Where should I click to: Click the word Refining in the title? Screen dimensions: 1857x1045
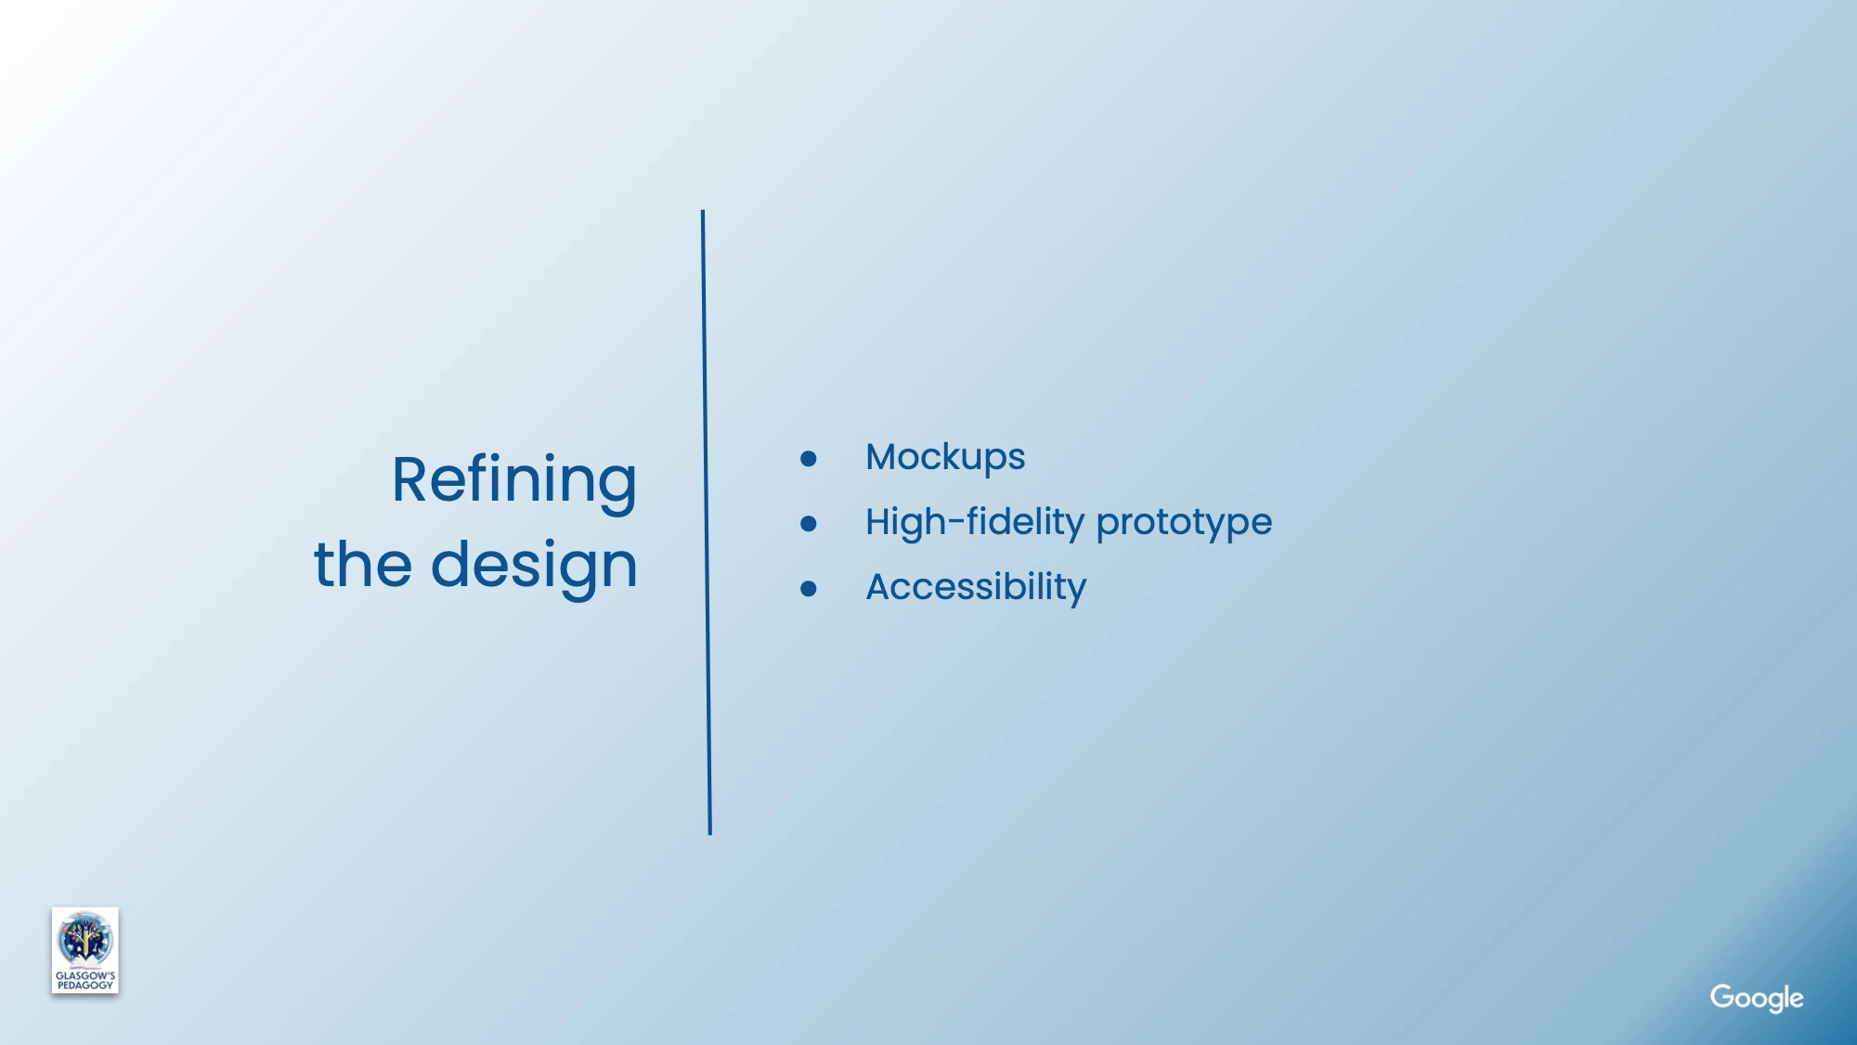tap(514, 481)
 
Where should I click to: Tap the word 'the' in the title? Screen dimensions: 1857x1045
tap(363, 563)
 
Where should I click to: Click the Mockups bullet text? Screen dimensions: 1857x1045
tap(945, 458)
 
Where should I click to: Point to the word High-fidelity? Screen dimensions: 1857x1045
tap(975, 522)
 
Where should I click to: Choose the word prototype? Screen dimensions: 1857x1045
tap(1184, 524)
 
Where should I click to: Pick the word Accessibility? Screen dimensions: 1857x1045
tap(976, 588)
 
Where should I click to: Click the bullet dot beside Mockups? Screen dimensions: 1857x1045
tap(809, 459)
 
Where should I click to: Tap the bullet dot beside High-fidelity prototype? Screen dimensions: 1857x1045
tap(809, 524)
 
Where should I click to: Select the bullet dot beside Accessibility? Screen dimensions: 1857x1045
tap(809, 589)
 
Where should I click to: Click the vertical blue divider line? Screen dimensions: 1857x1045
tap(707, 522)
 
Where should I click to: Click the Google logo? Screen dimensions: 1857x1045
tap(1757, 999)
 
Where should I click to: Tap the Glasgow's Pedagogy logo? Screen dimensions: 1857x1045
tap(85, 950)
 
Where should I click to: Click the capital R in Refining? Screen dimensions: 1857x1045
tap(412, 480)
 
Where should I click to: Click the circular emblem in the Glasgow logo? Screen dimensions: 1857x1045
tap(84, 939)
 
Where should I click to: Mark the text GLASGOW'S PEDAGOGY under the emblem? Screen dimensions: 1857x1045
tap(85, 981)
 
